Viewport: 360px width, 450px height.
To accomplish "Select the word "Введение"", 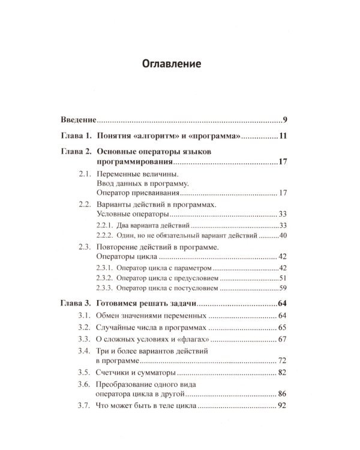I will [80, 119].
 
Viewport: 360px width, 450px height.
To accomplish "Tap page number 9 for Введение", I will [284, 119].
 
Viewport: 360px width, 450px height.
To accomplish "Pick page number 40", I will [283, 236].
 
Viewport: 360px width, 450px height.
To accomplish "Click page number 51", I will [283, 278].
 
